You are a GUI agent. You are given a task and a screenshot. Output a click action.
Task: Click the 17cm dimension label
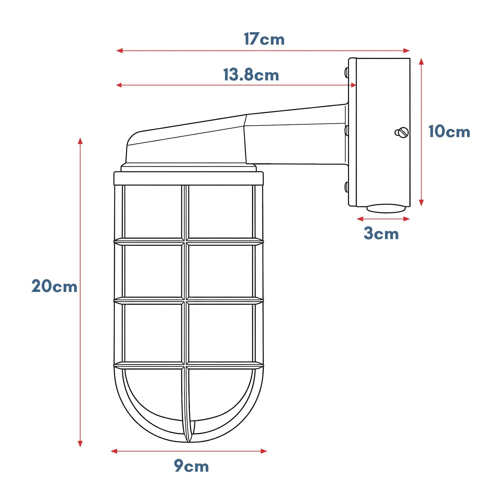point(264,39)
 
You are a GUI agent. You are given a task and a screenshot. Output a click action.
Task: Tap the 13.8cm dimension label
point(251,75)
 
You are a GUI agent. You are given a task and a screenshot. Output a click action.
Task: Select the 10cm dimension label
point(449,132)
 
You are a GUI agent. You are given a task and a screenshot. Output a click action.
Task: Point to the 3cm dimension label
point(381,234)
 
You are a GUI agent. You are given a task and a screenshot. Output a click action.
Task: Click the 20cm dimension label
point(54,286)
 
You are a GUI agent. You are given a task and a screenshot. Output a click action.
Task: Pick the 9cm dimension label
point(191,466)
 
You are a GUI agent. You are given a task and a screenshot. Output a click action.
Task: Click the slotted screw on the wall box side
point(401,133)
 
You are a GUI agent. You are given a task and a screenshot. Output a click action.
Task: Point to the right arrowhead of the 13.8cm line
point(354,85)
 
